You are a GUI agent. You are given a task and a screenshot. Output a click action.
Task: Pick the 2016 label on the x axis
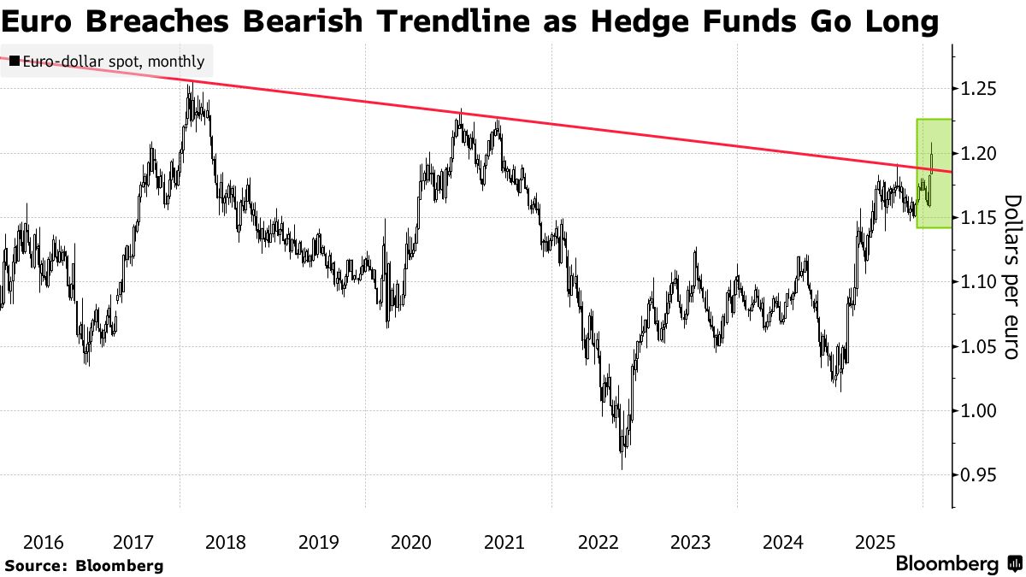43,542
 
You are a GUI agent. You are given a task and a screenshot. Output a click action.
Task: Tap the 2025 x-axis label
876,542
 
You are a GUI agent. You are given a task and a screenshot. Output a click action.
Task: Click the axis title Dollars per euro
1011,277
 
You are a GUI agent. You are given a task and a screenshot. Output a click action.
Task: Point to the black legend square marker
15,62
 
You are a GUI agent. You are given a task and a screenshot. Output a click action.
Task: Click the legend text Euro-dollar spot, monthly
113,62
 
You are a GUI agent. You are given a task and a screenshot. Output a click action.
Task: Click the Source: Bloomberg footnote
84,565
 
